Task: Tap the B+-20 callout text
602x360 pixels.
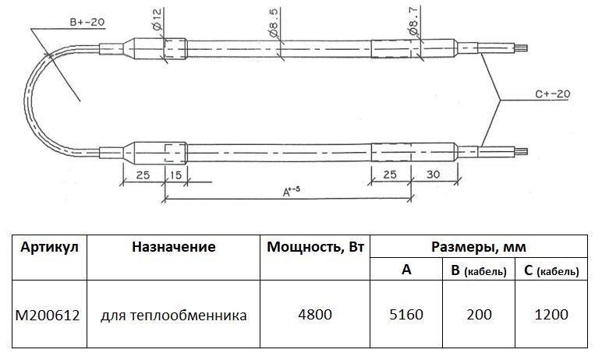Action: [x=87, y=22]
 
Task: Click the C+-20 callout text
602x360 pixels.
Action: [x=552, y=94]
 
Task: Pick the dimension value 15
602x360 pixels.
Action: [x=175, y=175]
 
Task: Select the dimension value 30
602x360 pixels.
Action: [x=433, y=175]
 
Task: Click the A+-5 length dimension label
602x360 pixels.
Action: [x=292, y=191]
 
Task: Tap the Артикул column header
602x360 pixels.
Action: [x=49, y=247]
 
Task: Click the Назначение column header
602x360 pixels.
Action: [x=174, y=247]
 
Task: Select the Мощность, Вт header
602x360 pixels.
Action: [x=315, y=247]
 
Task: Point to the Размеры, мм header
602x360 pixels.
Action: [x=478, y=247]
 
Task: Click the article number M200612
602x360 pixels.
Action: [x=48, y=316]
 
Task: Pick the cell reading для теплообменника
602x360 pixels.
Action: [x=174, y=316]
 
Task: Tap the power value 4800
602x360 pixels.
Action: [x=315, y=315]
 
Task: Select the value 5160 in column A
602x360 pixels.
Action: [x=406, y=315]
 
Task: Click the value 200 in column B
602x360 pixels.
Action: [x=479, y=315]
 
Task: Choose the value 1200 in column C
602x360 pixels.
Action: [x=551, y=315]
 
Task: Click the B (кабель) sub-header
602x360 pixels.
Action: [x=479, y=270]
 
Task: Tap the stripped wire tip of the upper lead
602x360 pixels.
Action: [x=523, y=48]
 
